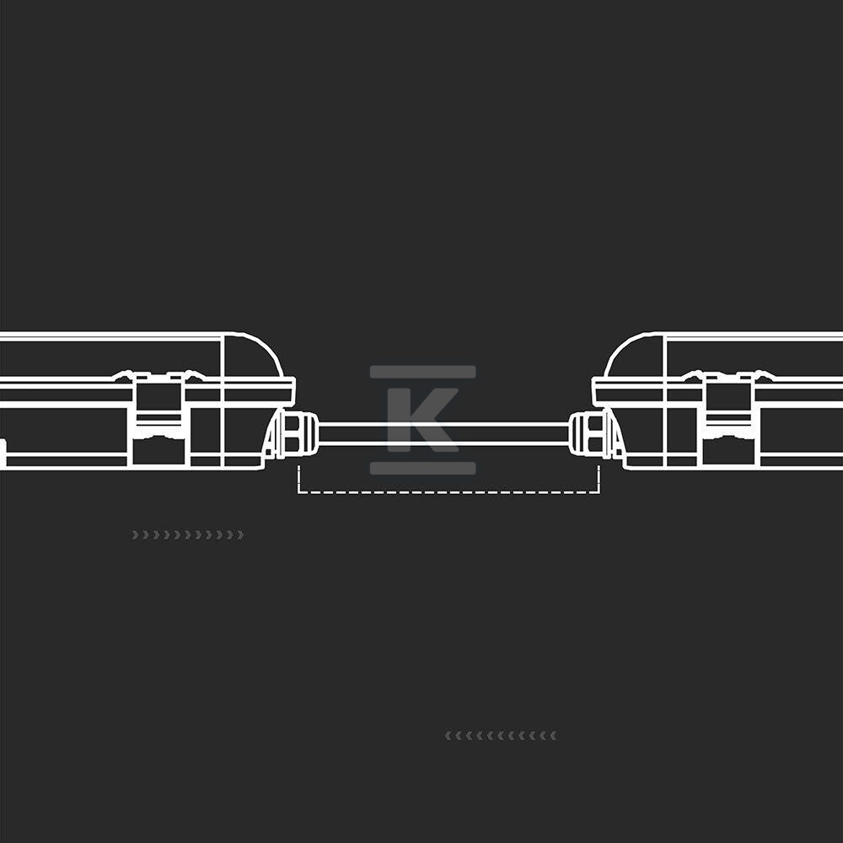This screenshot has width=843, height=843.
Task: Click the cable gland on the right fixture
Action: [x=590, y=433]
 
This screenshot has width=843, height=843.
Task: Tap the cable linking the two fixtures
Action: [x=444, y=434]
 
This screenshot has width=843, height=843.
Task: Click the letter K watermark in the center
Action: [x=422, y=420]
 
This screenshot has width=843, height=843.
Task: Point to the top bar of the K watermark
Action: [x=422, y=372]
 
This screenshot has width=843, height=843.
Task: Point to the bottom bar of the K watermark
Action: [x=422, y=468]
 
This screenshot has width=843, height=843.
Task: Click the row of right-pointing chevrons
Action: [x=188, y=534]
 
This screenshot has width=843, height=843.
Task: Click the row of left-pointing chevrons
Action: [x=501, y=735]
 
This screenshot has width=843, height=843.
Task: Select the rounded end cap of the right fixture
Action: [x=635, y=355]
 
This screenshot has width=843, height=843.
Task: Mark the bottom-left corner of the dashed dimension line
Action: [x=299, y=492]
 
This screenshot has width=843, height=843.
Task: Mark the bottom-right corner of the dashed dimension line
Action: [x=599, y=492]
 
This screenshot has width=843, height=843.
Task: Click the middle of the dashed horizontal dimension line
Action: [x=449, y=492]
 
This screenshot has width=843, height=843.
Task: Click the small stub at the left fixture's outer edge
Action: [x=3, y=452]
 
